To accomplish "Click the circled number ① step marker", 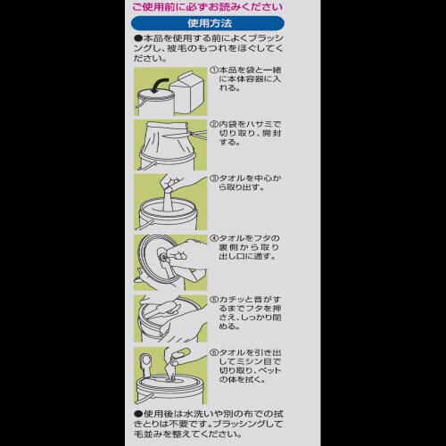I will [x=215, y=70].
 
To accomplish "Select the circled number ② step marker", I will [x=215, y=124].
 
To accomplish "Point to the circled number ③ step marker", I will [x=215, y=178].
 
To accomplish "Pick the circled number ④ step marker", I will [x=215, y=238].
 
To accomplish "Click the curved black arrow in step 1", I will [x=161, y=85].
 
